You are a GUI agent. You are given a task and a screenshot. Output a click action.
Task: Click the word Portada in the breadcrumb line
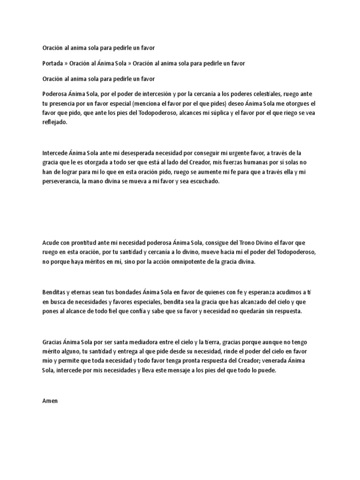coord(52,63)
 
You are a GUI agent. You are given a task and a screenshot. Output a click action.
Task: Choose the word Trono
coord(238,243)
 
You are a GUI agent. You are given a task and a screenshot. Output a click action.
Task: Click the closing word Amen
coord(49,402)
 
